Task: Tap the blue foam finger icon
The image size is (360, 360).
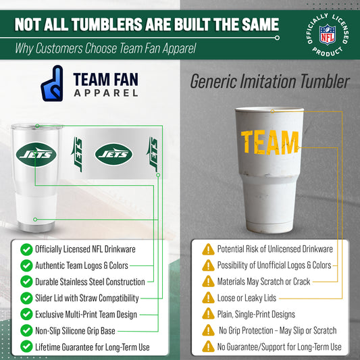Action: (x=51, y=84)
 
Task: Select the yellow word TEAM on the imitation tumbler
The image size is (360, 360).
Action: (x=269, y=142)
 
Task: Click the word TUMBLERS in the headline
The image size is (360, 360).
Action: (x=114, y=25)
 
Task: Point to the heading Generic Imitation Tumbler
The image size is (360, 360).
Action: (x=269, y=82)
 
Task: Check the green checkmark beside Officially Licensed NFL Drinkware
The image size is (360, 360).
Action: (x=26, y=250)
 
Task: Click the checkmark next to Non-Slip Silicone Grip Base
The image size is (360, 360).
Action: (x=26, y=331)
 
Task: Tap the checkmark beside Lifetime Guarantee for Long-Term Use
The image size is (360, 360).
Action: (x=26, y=347)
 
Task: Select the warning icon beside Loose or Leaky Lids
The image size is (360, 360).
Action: (x=208, y=299)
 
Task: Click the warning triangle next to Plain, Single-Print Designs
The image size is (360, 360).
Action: (x=208, y=315)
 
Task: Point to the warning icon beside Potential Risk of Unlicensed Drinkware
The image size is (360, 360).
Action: (x=208, y=250)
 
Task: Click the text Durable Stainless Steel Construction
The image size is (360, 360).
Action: (x=90, y=282)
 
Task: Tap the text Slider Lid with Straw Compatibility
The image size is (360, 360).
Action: (x=87, y=299)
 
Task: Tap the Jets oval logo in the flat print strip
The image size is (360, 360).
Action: (x=114, y=155)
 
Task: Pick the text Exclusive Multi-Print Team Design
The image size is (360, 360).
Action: (x=86, y=315)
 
